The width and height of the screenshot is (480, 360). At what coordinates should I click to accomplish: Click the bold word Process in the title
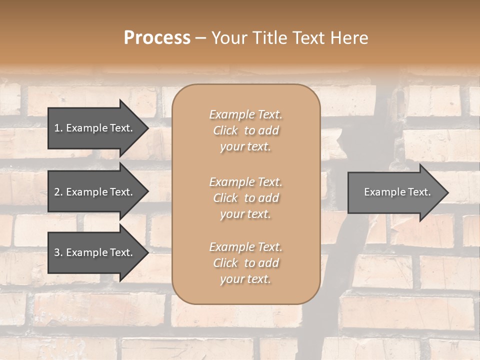(157, 38)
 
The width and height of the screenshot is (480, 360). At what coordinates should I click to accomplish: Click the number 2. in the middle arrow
(58, 192)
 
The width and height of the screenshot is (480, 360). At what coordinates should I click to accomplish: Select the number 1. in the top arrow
(58, 128)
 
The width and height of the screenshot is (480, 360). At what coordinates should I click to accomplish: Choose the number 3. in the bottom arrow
(58, 252)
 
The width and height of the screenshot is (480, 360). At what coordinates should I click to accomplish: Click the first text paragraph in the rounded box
(245, 130)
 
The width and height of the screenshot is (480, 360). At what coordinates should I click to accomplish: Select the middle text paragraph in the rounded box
(245, 198)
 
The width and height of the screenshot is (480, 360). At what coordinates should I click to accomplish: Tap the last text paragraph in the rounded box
(245, 263)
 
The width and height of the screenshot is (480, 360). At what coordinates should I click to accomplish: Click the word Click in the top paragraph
(225, 130)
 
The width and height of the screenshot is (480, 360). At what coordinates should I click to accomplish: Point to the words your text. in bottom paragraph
(245, 279)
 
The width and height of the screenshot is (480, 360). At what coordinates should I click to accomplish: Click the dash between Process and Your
(201, 38)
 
